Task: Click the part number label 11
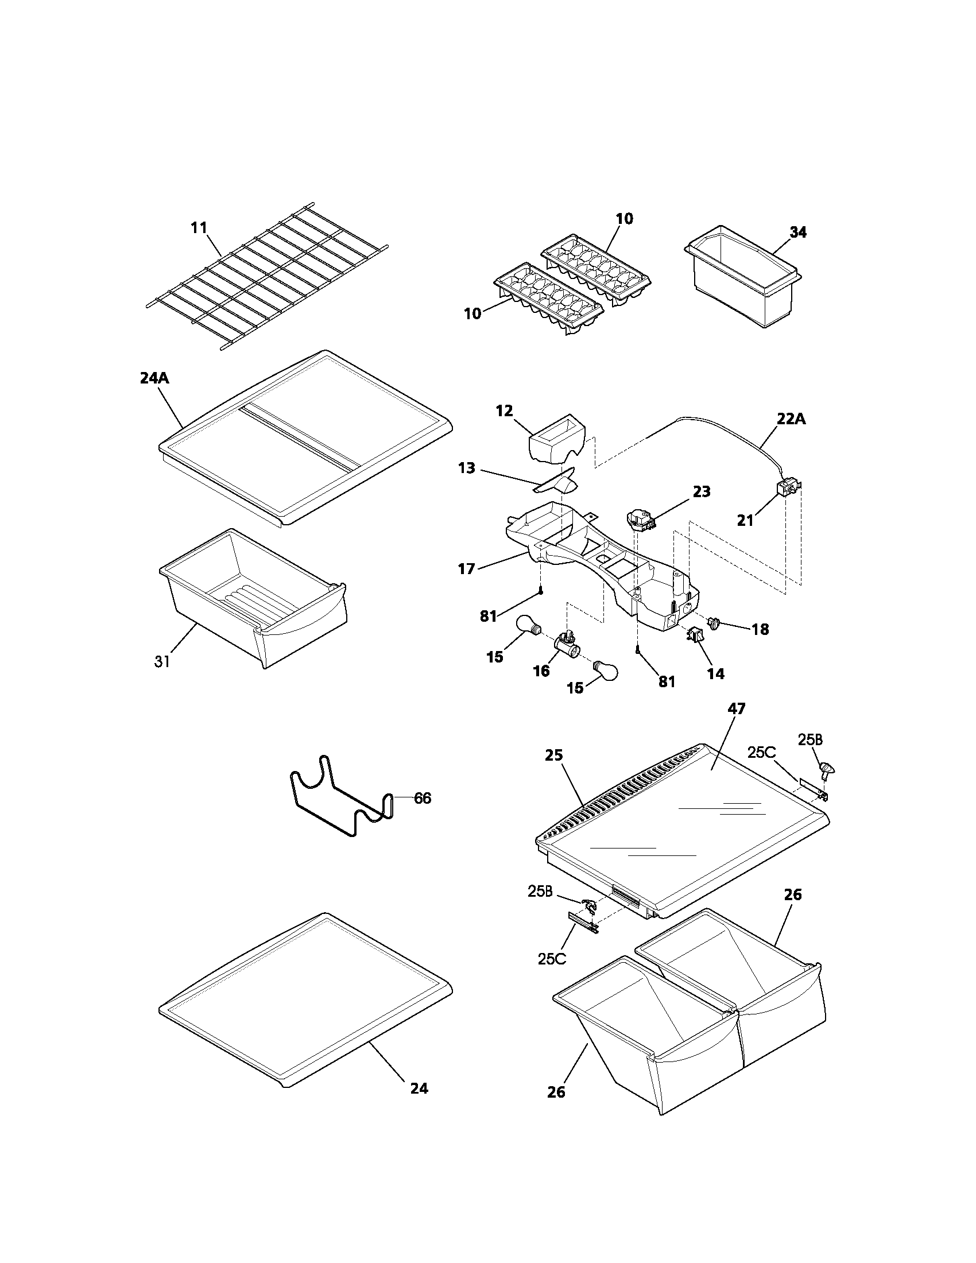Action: (x=199, y=228)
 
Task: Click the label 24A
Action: (x=154, y=379)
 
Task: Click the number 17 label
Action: (x=466, y=569)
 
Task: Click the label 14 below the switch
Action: (x=715, y=673)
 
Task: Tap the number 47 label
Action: (x=737, y=708)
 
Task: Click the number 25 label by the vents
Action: (x=554, y=756)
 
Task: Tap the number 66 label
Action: (x=423, y=799)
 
